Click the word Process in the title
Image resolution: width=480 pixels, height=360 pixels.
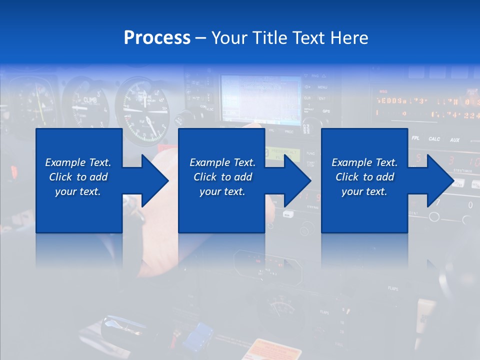(157, 38)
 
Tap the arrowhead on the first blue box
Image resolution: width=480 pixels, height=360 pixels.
(155, 180)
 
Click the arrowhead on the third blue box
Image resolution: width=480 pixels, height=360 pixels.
(440, 180)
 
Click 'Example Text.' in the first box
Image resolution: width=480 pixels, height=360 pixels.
(78, 162)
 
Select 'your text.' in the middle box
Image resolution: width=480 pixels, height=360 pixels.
(222, 191)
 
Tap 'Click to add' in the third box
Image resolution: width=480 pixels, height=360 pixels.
(364, 177)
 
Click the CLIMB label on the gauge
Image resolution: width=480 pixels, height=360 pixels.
(90, 100)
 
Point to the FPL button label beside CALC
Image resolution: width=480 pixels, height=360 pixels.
(415, 138)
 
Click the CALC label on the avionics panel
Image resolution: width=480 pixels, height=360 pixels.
(434, 139)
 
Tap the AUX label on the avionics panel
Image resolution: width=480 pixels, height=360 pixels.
(454, 139)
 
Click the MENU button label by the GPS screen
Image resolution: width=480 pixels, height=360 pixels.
(322, 87)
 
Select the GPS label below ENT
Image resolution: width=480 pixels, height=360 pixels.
(325, 111)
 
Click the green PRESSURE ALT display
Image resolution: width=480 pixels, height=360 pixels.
(282, 154)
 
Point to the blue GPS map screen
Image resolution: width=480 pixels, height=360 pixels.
(260, 97)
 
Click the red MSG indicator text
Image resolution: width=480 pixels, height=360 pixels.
(383, 91)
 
